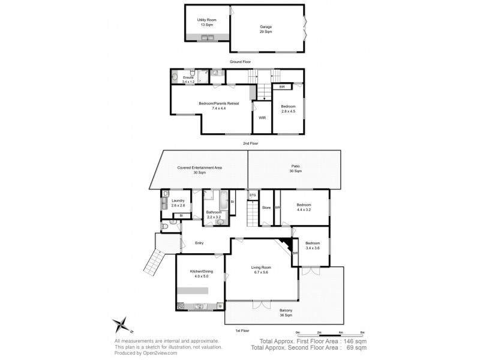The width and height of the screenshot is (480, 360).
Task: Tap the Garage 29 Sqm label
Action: pyautogui.click(x=266, y=29)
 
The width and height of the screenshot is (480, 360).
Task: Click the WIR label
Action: pyautogui.click(x=262, y=118)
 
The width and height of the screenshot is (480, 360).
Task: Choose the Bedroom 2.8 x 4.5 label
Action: pyautogui.click(x=289, y=109)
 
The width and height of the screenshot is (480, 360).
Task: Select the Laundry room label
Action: pyautogui.click(x=178, y=203)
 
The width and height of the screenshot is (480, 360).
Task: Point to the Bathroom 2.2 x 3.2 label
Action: pyautogui.click(x=215, y=214)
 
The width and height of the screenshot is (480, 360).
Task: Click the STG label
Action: pyautogui.click(x=253, y=196)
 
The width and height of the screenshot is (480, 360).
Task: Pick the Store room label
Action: pyautogui.click(x=266, y=208)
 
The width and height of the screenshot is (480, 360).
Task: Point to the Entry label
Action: pyautogui.click(x=199, y=243)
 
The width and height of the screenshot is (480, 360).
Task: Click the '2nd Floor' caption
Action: pyautogui.click(x=250, y=144)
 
